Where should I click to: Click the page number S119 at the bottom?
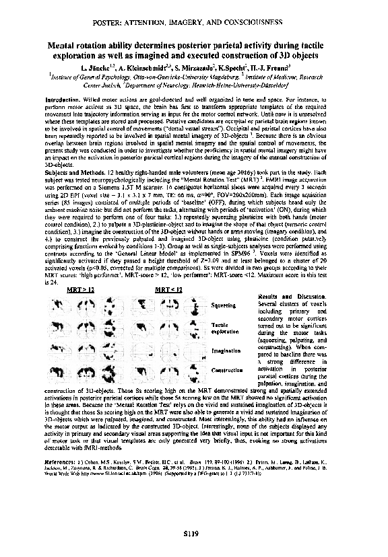pos(193,534)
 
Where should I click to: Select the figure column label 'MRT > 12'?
pos(81,289)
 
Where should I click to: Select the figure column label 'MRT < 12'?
pos(168,289)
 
